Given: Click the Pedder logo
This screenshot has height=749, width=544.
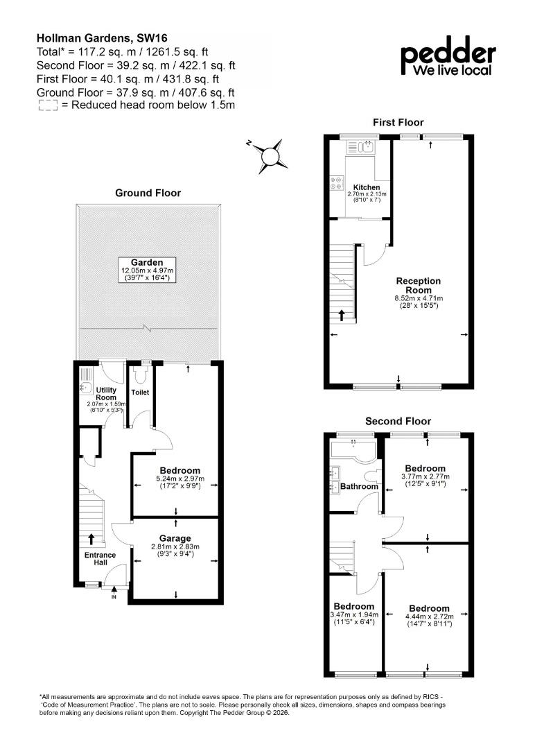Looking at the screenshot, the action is [448, 56].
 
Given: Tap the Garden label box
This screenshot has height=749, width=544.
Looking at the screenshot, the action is [148, 270].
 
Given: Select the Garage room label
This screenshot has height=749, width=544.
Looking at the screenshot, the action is [175, 538].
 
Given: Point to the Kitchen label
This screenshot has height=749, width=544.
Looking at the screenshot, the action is [367, 187].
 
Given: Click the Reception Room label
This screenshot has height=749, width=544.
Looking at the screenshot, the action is [418, 286].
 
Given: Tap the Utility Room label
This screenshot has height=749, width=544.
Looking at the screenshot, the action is [106, 394].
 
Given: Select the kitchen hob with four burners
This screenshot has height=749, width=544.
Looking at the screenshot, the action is [337, 183].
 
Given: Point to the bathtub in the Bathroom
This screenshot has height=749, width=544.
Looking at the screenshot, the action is [353, 450].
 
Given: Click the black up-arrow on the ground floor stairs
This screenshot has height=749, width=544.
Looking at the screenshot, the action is [91, 539].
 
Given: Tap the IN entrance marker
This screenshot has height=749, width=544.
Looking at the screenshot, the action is [114, 594].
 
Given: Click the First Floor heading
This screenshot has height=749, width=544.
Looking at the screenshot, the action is [398, 122].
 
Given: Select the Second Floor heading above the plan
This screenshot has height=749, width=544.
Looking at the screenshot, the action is [398, 422].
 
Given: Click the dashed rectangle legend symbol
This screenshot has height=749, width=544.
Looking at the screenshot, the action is [48, 105].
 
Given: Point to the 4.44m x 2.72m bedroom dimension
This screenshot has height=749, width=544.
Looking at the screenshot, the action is [429, 617].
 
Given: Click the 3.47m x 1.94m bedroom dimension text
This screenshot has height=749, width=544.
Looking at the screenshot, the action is [354, 614].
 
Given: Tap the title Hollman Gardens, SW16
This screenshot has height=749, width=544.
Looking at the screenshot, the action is [102, 38].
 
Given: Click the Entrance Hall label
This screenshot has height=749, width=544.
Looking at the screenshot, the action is [100, 558].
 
